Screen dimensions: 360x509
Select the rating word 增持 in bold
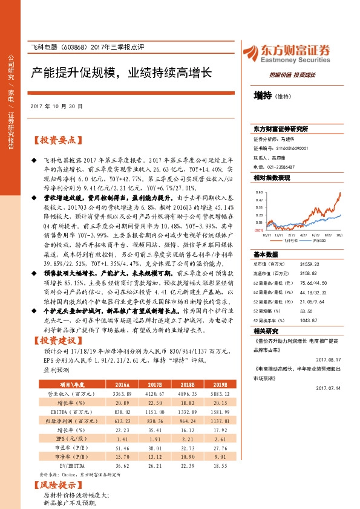point(262,96)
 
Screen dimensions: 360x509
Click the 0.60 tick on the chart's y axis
point(258,191)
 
